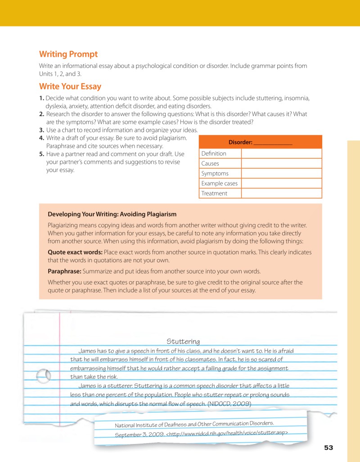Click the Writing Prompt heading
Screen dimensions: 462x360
[x=68, y=54]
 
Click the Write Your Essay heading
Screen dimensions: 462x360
[x=70, y=86]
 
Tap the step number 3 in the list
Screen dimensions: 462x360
[x=41, y=130]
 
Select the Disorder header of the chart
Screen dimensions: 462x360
[x=260, y=142]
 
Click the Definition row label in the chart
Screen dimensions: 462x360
[x=214, y=153]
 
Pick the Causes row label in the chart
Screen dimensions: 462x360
[x=210, y=164]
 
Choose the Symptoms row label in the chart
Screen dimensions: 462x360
[x=215, y=174]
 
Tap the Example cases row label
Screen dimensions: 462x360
[x=219, y=184]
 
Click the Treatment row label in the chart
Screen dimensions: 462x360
[x=214, y=193]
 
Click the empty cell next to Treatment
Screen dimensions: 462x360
[x=281, y=193]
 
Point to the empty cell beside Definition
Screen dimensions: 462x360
[x=281, y=153]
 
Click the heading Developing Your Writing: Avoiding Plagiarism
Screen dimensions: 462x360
[x=112, y=215]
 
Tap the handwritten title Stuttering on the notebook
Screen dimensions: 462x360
[x=183, y=342]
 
